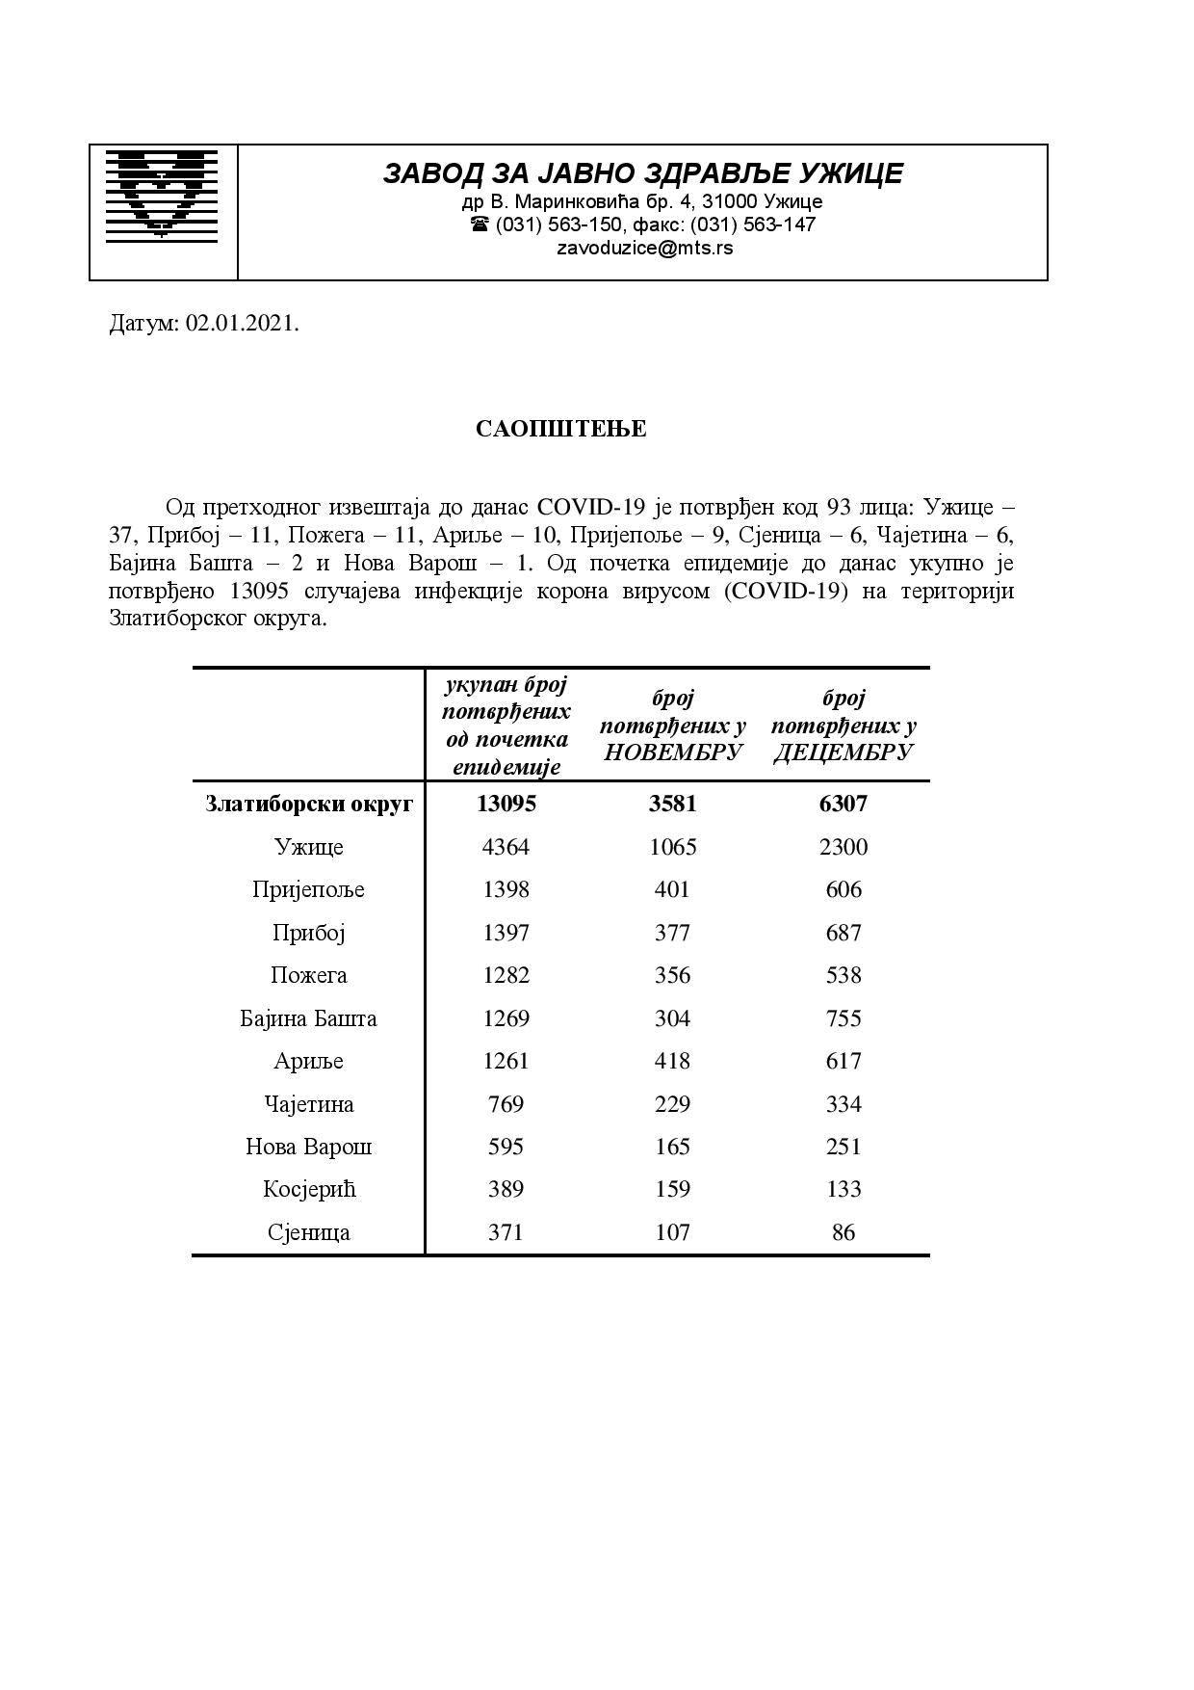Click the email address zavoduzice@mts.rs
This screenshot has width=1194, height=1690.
coord(644,248)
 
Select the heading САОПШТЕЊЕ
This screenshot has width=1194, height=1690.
coord(560,429)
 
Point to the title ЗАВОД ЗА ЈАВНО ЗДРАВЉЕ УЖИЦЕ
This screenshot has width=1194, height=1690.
coord(643,173)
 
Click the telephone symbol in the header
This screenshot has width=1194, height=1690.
coord(480,224)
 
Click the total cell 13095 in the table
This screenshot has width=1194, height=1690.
coord(506,804)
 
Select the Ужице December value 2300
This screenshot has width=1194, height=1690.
coord(843,847)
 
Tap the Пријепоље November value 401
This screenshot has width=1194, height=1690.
coord(672,889)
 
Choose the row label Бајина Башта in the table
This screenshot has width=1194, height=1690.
coord(309,1018)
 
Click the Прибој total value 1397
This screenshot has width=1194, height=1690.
coord(506,933)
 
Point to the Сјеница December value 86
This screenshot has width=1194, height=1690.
coord(843,1232)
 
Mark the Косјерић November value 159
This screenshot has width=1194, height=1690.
coord(672,1189)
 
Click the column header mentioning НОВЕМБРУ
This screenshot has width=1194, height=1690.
coord(672,725)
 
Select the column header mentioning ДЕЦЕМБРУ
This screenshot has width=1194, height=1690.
coord(843,725)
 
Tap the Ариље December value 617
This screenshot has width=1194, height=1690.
coord(843,1061)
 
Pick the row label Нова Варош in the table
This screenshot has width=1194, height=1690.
coord(309,1147)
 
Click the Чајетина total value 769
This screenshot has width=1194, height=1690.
coord(506,1104)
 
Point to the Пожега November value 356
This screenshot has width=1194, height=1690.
coord(672,975)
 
